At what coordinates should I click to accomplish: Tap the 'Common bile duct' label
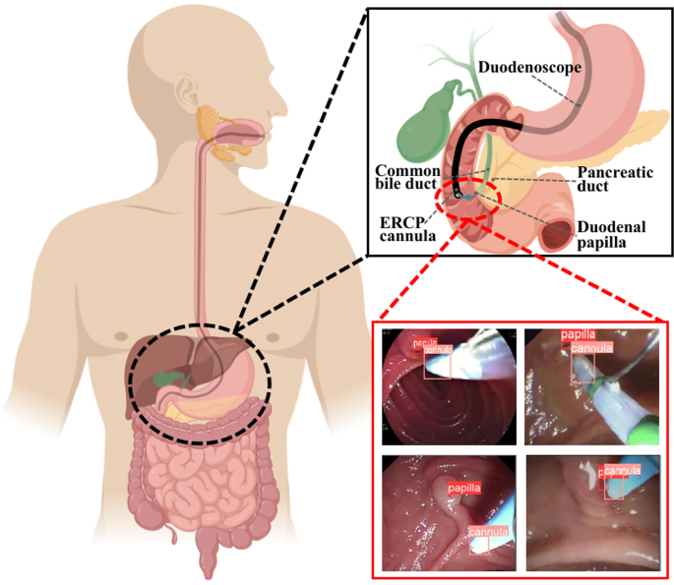pyautogui.click(x=406, y=178)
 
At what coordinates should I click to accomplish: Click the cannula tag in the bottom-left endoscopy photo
pyautogui.click(x=488, y=533)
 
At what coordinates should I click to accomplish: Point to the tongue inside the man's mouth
pyautogui.click(x=246, y=129)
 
